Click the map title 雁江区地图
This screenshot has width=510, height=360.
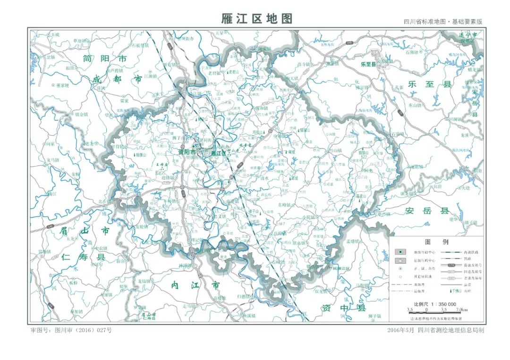pos(257,18)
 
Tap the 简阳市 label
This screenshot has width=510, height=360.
pos(104,59)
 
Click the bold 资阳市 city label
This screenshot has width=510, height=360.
pos(186,152)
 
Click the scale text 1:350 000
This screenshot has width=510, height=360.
pos(435,304)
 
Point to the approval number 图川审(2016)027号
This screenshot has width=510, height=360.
pos(71,330)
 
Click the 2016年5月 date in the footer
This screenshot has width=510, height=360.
pos(400,330)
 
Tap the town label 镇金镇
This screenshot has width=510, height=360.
pos(81,114)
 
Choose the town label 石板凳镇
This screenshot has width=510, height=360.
pos(140,46)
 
